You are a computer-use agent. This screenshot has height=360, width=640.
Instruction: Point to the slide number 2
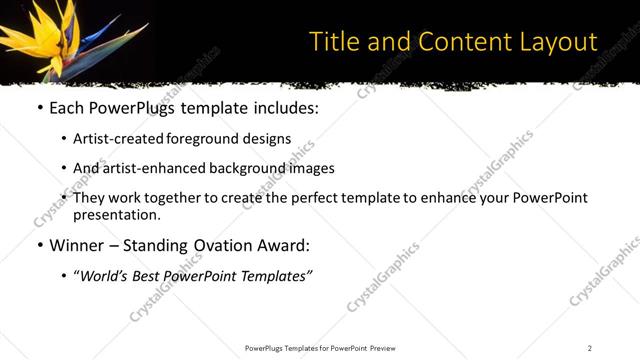(x=590, y=348)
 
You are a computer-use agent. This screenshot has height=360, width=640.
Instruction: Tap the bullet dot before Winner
(x=39, y=245)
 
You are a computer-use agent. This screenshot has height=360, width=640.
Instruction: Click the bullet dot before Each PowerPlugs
(x=39, y=107)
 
